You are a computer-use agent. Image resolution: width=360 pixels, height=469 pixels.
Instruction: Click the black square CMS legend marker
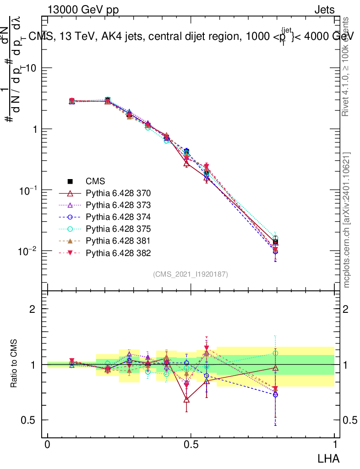click(x=71, y=181)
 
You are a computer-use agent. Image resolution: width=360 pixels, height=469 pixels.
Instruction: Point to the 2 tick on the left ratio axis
click(x=32, y=309)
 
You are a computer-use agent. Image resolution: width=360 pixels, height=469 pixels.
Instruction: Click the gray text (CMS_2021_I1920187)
click(x=191, y=274)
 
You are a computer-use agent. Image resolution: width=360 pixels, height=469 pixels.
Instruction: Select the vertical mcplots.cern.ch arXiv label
click(x=347, y=220)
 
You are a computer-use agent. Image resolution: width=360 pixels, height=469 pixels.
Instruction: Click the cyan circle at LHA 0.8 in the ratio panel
click(x=275, y=353)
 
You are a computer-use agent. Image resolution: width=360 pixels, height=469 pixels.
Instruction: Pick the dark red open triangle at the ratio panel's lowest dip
click(x=186, y=399)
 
